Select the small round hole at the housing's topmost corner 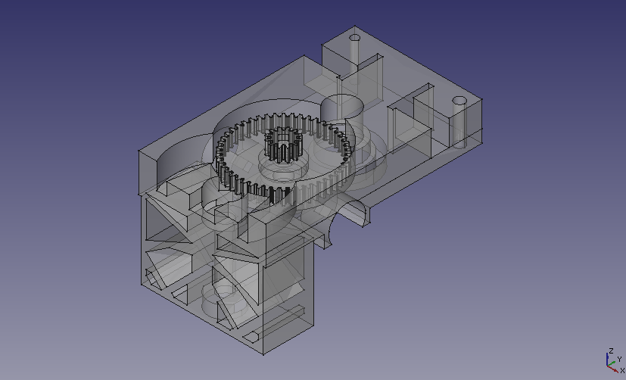354,39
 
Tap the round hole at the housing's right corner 459,101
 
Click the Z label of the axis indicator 611,351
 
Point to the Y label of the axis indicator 620,360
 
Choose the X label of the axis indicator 622,371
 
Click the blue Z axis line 607,359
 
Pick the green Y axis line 611,363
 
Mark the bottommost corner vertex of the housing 263,354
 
